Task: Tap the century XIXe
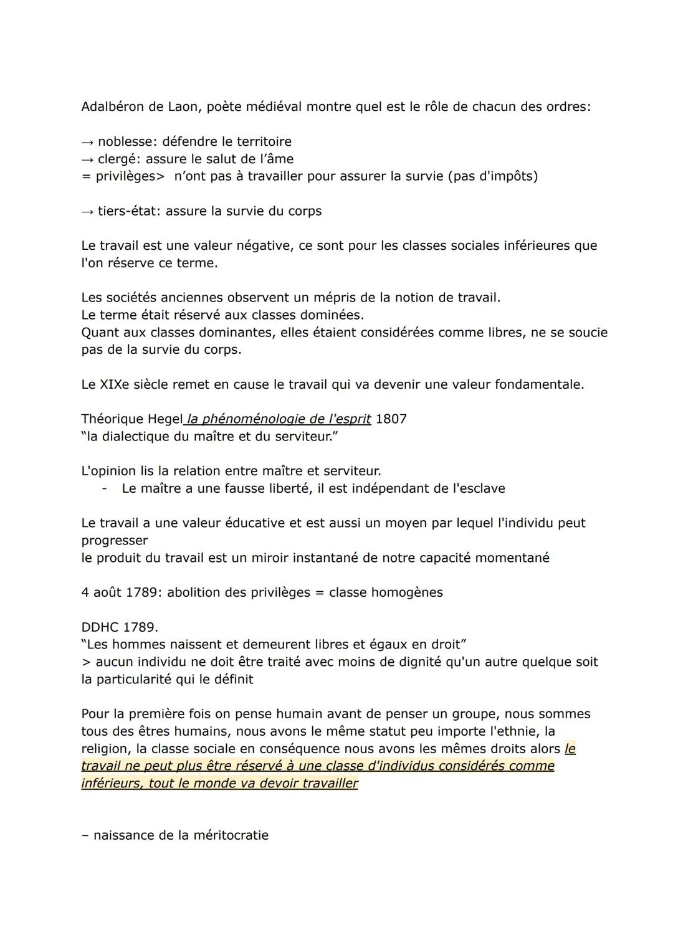coord(113,384)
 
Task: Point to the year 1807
coord(391,419)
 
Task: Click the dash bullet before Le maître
coord(105,488)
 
